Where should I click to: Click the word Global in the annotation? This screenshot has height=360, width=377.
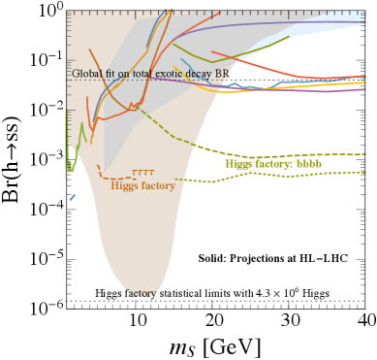click(85, 74)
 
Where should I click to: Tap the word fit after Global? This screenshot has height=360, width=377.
click(110, 74)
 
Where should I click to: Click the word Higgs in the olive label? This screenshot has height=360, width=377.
click(239, 164)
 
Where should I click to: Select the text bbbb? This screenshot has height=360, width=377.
click(307, 164)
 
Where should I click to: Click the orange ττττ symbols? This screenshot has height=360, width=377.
click(142, 174)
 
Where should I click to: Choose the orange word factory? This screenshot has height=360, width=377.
click(157, 185)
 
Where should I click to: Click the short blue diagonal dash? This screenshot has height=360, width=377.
click(72, 198)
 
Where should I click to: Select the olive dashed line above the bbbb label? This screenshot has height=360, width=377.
click(291, 153)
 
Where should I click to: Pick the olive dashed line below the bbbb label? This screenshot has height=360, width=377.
click(291, 176)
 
